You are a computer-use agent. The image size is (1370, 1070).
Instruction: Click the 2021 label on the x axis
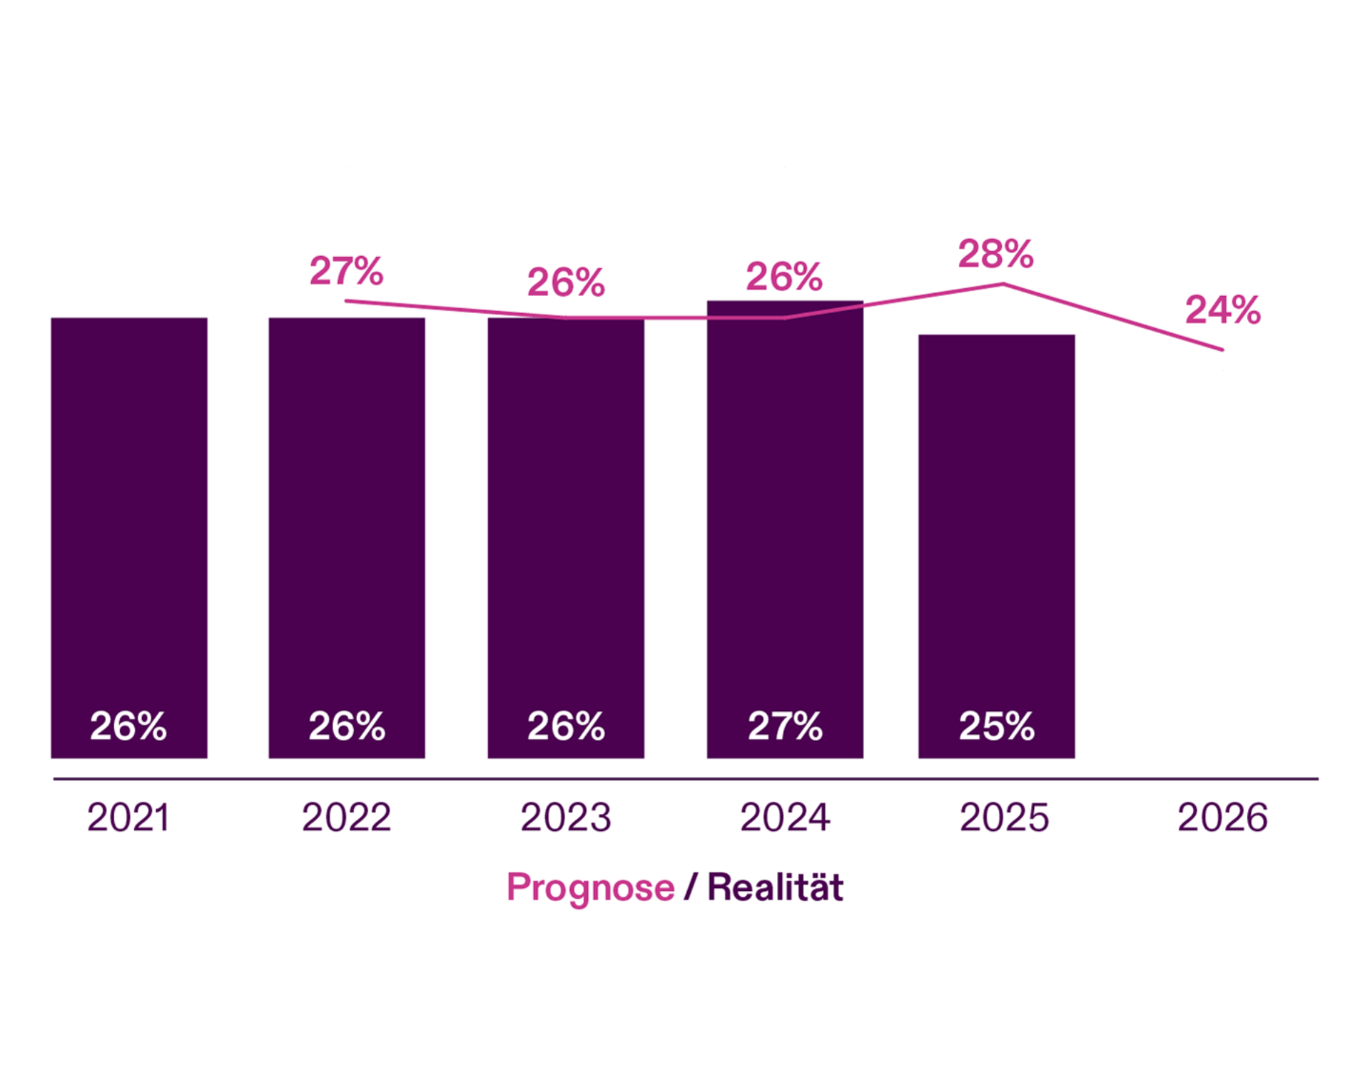click(x=128, y=817)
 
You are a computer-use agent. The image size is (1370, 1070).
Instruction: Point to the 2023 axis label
click(x=566, y=817)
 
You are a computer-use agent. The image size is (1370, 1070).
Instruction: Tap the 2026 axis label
click(x=1222, y=817)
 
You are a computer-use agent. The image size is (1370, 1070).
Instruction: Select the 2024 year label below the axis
click(x=785, y=817)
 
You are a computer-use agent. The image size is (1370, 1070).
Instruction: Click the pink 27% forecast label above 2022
click(x=346, y=271)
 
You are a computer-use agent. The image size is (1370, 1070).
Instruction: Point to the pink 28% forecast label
click(x=995, y=254)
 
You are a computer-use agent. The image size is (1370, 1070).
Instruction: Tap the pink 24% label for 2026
click(x=1222, y=310)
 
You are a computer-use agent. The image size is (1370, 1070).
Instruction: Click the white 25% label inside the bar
click(x=996, y=726)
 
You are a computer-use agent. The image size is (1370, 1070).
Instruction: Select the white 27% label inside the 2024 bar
click(x=785, y=726)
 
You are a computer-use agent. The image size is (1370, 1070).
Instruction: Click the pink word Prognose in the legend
click(x=590, y=888)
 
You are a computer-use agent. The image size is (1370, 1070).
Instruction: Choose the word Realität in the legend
click(x=775, y=888)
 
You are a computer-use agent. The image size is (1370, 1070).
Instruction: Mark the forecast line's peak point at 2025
click(x=1003, y=285)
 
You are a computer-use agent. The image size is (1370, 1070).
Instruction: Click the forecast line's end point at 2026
click(x=1222, y=350)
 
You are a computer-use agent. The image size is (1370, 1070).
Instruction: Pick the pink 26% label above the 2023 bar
click(x=566, y=282)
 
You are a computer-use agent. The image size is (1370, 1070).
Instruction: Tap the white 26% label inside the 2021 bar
click(x=128, y=726)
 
